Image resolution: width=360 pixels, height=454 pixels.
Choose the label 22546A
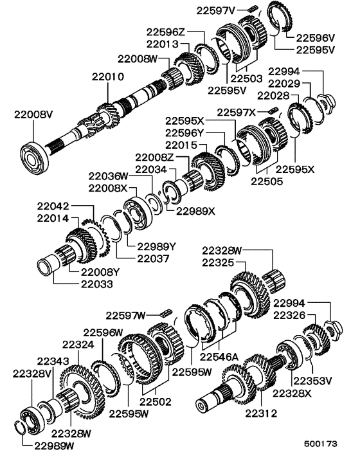pos(220,356)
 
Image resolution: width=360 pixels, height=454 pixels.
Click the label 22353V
pos(311,379)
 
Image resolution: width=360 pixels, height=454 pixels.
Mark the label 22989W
pos(56,444)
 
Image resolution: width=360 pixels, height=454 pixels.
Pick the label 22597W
pos(127,314)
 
